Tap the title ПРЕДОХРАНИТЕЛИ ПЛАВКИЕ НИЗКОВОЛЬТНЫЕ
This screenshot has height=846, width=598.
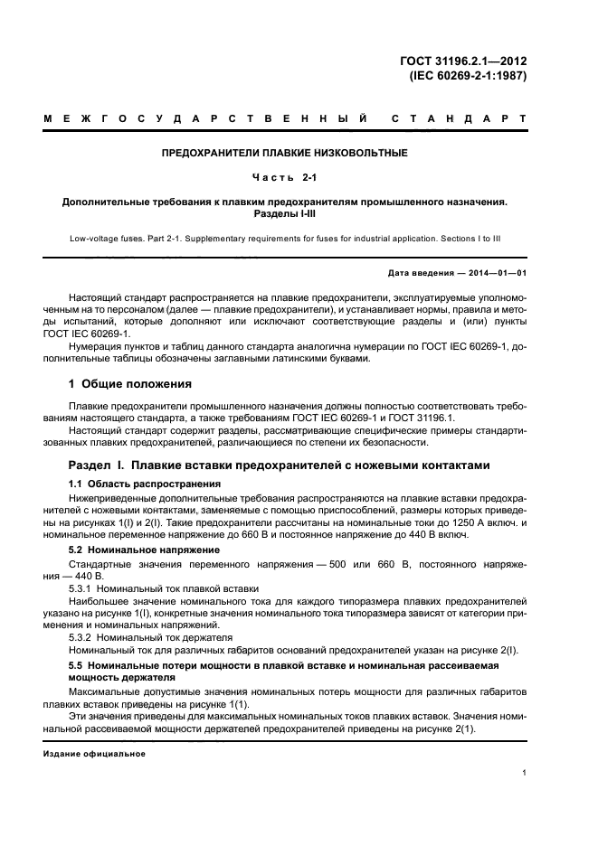(x=284, y=153)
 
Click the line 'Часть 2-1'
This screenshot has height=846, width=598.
(x=284, y=177)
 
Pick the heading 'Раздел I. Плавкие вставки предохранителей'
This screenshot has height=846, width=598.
(x=279, y=465)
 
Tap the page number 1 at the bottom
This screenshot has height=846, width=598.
(x=525, y=773)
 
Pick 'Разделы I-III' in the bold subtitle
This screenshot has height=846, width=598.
(x=284, y=214)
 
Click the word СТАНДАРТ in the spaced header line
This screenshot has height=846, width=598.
(x=459, y=119)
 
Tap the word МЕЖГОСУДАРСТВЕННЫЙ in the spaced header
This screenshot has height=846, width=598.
(x=205, y=119)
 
